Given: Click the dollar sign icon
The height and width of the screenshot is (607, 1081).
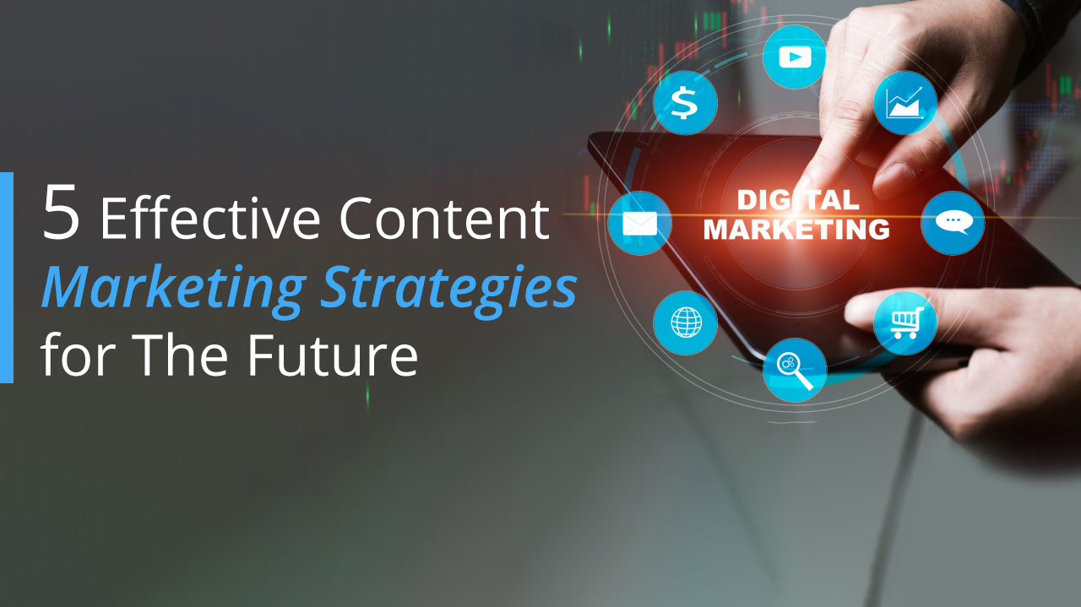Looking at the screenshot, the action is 685,103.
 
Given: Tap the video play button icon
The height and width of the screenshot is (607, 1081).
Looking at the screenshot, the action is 795,57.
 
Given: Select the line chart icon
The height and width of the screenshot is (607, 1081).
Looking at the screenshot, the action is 905,103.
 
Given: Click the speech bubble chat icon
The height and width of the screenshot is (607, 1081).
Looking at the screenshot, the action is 953,223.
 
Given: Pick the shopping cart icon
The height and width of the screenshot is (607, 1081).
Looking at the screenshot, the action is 905,322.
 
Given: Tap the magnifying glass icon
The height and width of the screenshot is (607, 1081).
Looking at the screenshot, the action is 795,370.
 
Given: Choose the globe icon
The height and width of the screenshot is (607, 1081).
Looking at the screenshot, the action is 685,322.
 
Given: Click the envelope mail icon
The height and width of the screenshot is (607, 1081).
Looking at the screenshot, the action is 640,223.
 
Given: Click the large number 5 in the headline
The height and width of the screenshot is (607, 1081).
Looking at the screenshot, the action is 62,211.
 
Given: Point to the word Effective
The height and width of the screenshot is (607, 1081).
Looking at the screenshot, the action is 210,218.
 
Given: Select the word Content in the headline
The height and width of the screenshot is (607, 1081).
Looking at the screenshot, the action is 444,219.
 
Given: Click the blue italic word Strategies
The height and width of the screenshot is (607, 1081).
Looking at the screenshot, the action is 448,289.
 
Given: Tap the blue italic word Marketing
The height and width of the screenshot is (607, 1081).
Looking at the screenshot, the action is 174,289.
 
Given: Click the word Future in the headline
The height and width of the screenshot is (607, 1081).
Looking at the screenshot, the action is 333,355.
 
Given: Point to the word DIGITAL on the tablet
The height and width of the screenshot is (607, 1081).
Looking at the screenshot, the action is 798,200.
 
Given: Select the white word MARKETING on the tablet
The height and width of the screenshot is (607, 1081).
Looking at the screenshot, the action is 796,229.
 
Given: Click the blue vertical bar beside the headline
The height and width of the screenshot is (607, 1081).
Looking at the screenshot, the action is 7,278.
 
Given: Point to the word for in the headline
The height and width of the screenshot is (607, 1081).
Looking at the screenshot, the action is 79,355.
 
